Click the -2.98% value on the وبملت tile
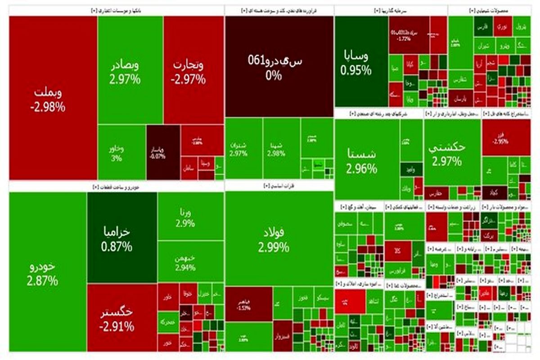[48, 108]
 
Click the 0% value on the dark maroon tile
[274, 76]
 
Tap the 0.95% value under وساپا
[356, 70]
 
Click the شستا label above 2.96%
[361, 154]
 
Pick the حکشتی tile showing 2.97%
[447, 153]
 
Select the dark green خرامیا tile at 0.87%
[116, 238]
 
